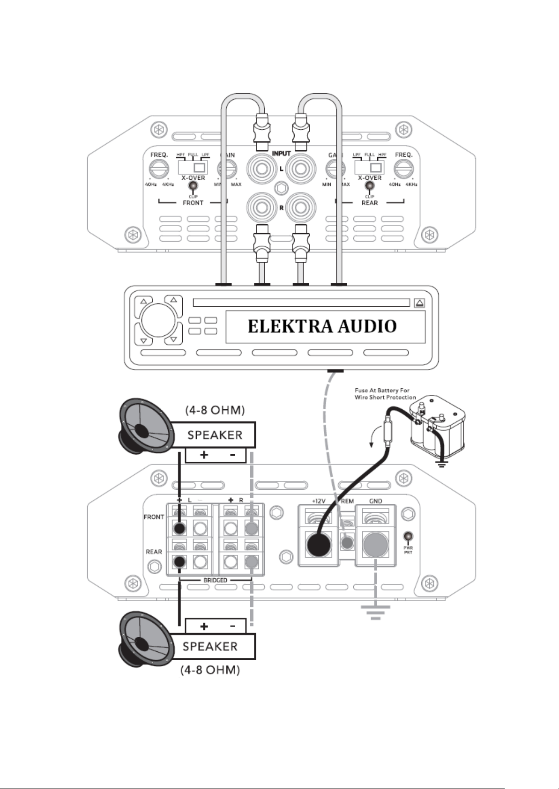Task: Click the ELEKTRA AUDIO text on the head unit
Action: point(322,326)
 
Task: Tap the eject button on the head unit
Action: point(419,303)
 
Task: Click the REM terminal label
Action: point(347,501)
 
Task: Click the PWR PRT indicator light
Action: point(408,537)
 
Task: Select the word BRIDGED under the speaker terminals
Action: point(215,580)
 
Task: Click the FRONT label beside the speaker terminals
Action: point(154,517)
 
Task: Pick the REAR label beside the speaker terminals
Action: point(154,552)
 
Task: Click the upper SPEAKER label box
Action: point(215,435)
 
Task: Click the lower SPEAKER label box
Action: point(210,647)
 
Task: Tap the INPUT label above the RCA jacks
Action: point(281,154)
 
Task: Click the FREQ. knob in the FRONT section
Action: point(159,169)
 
